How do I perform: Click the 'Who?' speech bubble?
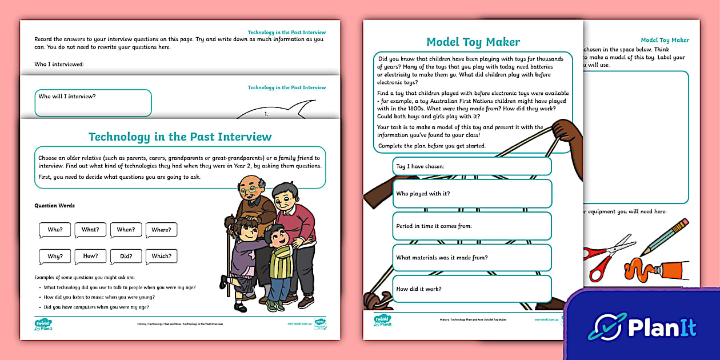tap(55, 230)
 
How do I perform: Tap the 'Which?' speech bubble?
tap(161, 256)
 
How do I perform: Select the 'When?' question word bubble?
tap(126, 230)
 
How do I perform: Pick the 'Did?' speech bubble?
tap(126, 256)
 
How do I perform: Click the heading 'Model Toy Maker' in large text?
tap(473, 42)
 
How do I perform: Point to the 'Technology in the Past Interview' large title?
tap(180, 137)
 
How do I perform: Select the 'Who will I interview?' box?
tap(93, 103)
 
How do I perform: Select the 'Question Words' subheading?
tap(55, 206)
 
